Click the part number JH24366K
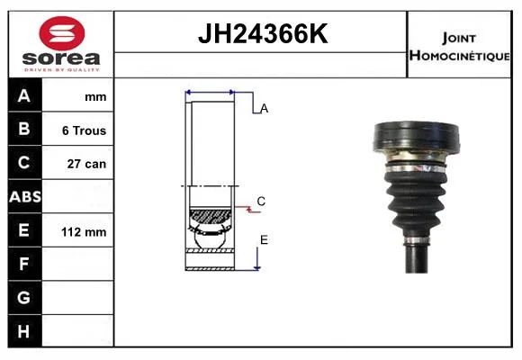coord(263,33)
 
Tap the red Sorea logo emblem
coord(62,33)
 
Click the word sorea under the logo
coord(61,58)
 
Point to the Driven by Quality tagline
coord(61,70)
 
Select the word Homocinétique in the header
coord(459,56)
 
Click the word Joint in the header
coord(459,39)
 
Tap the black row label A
coord(24,96)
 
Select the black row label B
coord(24,129)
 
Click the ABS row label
coord(25,197)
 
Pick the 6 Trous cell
coord(84,130)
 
